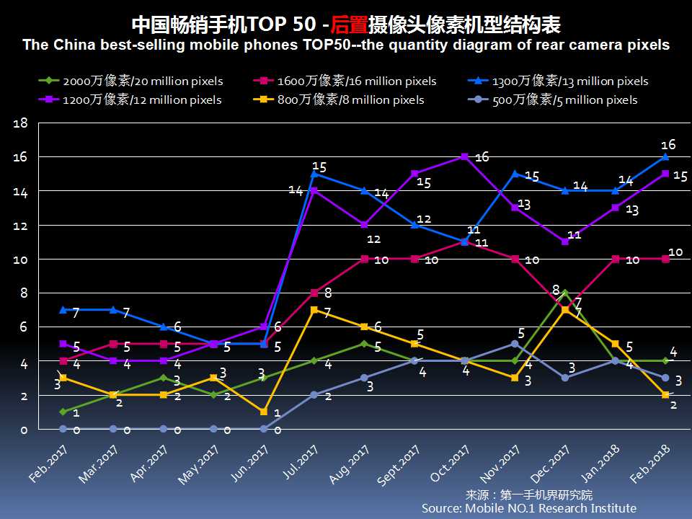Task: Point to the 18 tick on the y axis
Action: (x=21, y=123)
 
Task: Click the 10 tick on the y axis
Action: (x=21, y=259)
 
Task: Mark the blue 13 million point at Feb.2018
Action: (x=665, y=156)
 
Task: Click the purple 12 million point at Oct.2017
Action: (x=464, y=156)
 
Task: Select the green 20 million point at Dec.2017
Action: (x=565, y=293)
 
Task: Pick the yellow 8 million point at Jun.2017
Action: (x=264, y=412)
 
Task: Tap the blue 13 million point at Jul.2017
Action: (x=314, y=174)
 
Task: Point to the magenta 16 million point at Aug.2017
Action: (x=364, y=259)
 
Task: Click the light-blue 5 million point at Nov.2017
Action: (x=515, y=344)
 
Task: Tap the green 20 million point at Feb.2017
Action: (x=63, y=412)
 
